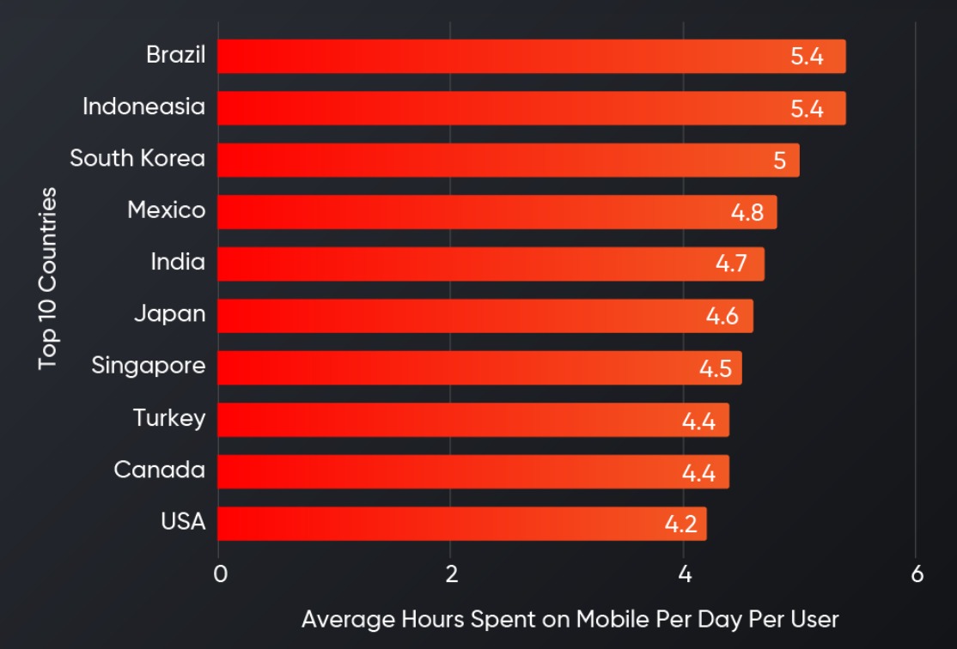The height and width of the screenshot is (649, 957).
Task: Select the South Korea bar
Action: pos(508,161)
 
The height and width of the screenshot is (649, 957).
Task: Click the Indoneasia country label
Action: pos(143,107)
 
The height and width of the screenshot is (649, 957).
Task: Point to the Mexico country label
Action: pos(167,210)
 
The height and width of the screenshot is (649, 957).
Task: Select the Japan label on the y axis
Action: pos(169,314)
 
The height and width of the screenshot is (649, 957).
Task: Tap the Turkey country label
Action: pos(169,418)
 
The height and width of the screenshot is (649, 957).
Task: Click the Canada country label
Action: pos(160,470)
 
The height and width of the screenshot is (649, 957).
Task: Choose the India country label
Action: pos(178,262)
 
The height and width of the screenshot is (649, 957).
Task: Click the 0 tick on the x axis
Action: pos(220,574)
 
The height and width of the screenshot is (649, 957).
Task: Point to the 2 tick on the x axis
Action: pos(451,574)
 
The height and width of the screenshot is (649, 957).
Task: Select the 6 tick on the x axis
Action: pos(917,574)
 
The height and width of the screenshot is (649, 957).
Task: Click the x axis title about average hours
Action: pos(570,619)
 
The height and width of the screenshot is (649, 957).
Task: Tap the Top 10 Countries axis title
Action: pos(48,278)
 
